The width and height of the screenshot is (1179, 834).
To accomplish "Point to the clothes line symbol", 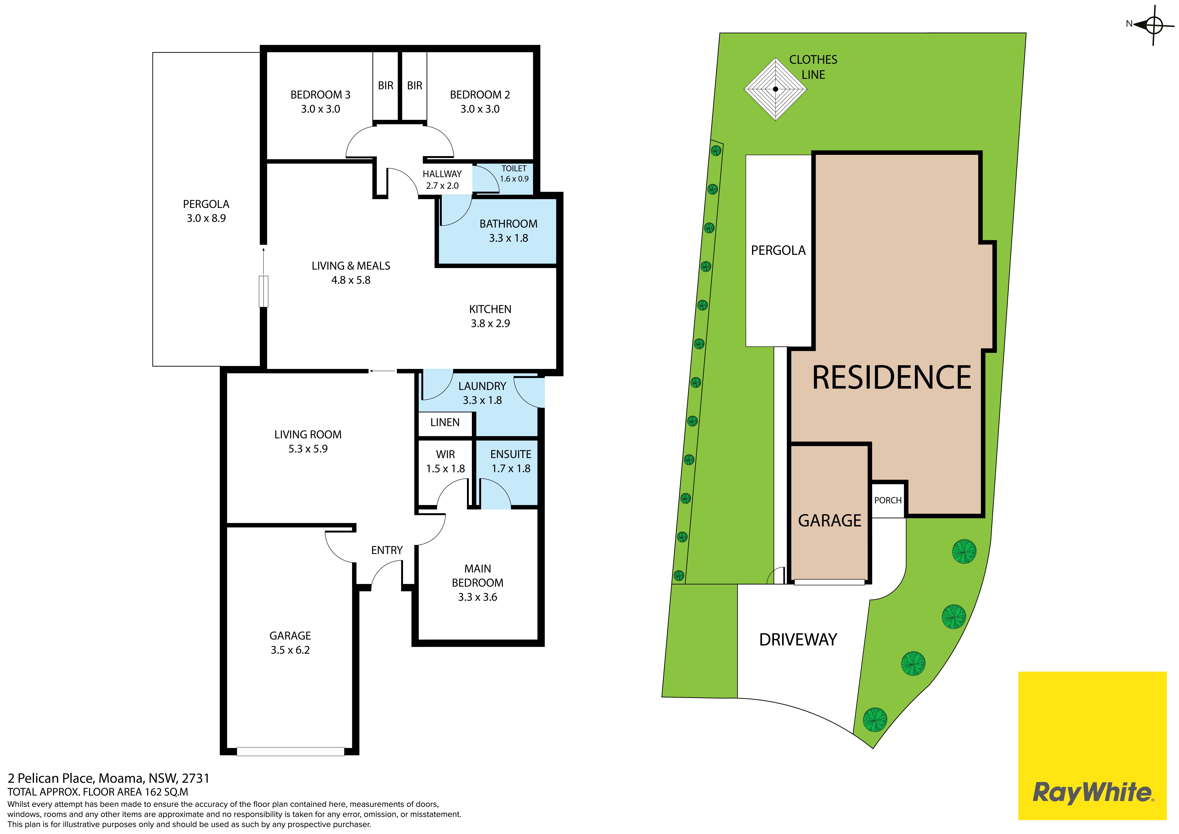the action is click(x=775, y=89).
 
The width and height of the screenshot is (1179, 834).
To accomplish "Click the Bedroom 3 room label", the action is click(x=320, y=102).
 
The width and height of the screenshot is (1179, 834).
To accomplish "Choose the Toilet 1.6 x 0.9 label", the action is click(x=514, y=174).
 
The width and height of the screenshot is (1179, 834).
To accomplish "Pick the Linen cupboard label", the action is click(x=445, y=422).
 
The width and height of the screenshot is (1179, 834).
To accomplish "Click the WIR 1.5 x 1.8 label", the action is click(x=445, y=461).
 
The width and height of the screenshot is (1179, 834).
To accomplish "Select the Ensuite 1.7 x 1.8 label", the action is click(x=511, y=461).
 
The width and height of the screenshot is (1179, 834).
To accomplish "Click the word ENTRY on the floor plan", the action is click(x=387, y=550).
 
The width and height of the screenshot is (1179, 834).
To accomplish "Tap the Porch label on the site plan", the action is click(x=888, y=500).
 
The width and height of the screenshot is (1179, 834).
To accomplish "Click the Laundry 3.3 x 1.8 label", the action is click(x=482, y=393).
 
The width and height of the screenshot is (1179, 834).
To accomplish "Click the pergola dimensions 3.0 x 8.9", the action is click(x=206, y=218).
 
